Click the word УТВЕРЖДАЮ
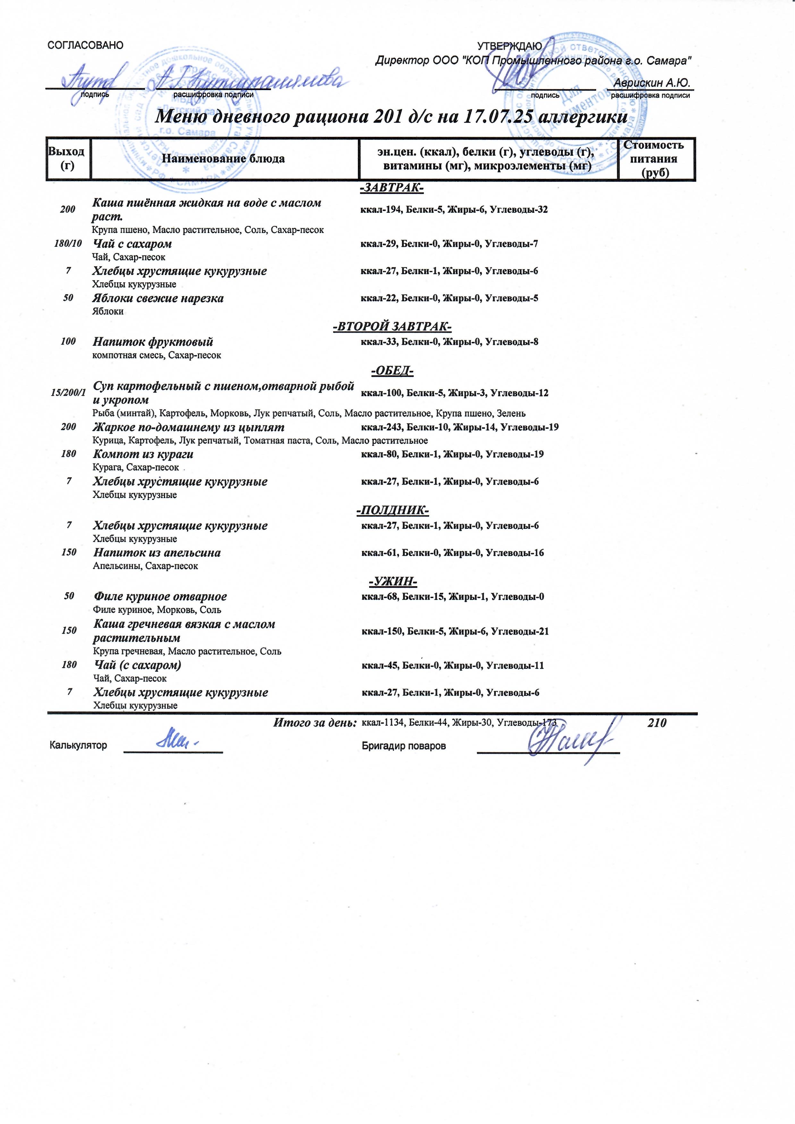[510, 46]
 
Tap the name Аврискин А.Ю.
[651, 83]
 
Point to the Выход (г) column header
[67, 159]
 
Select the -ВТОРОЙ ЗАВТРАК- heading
[392, 327]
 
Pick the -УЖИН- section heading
[392, 582]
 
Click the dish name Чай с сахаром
[132, 244]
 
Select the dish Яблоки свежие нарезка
[158, 298]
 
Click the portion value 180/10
[68, 243]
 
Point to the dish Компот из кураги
[143, 454]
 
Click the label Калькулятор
[78, 745]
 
